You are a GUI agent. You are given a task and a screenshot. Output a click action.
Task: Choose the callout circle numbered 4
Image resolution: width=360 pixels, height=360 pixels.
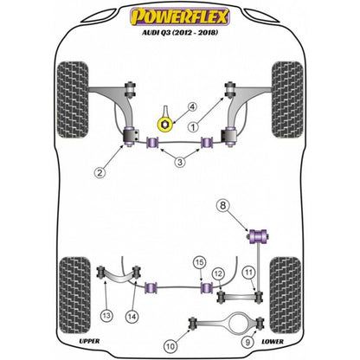pyautogui.click(x=193, y=107)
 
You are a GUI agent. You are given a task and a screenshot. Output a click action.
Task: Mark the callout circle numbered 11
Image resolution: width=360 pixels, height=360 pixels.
pyautogui.click(x=249, y=274)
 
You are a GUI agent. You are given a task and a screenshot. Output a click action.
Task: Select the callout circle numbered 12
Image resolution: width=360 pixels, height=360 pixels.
pyautogui.click(x=219, y=274)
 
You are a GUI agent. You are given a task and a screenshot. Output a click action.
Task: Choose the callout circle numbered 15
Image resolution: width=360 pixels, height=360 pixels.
pyautogui.click(x=199, y=262)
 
